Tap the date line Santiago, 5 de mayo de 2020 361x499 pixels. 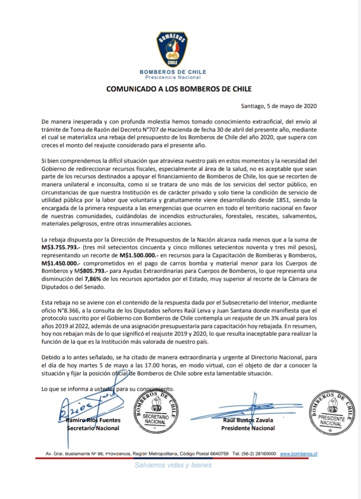[x=278, y=106]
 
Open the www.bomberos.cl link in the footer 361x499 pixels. [x=299, y=453]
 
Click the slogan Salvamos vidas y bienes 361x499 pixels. [x=173, y=465]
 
